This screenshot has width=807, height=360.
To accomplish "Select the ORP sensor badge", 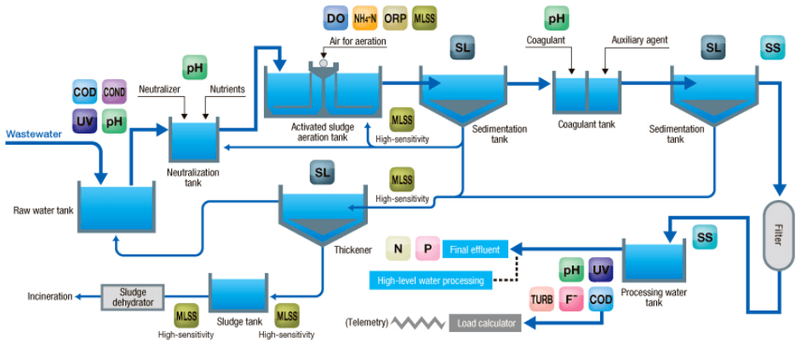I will tap(396, 17).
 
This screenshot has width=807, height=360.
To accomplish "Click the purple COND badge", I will tap(114, 92).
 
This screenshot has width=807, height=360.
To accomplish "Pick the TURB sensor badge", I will tap(542, 300).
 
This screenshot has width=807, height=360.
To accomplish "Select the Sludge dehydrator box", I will tap(132, 296).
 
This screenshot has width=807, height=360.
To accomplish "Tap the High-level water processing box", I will tap(430, 280).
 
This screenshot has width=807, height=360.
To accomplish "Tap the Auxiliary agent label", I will tap(639, 39).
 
